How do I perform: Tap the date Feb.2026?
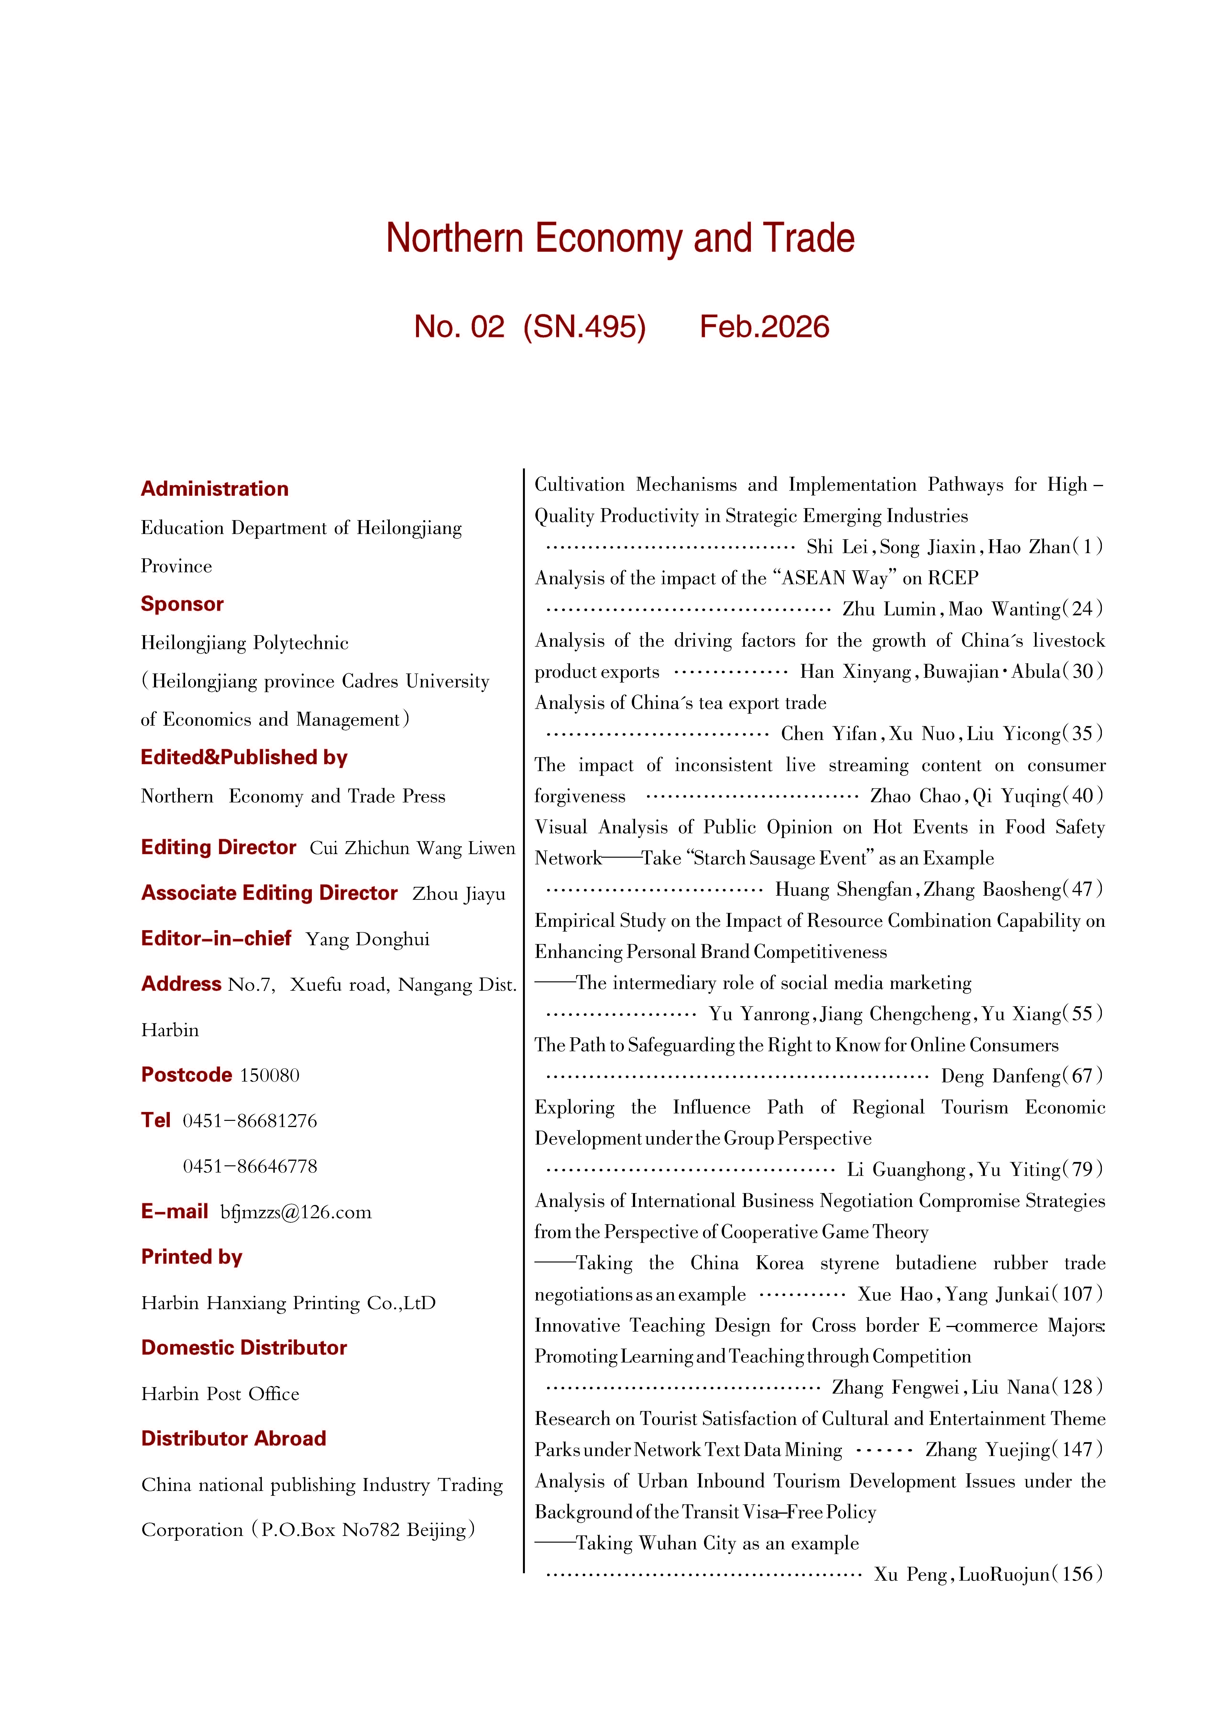764,327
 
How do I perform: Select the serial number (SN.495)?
584,327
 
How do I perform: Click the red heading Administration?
215,489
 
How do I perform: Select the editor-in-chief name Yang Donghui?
367,939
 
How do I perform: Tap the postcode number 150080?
270,1075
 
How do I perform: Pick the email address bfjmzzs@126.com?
296,1212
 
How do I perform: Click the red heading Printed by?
192,1257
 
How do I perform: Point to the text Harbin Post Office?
220,1394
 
